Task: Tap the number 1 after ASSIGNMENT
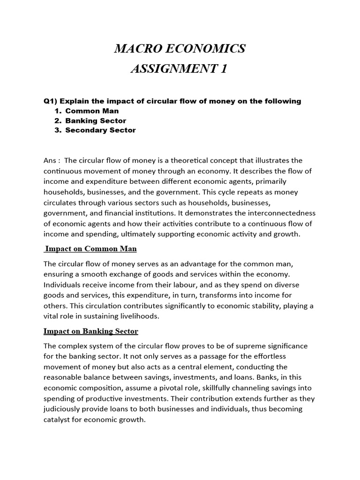(x=223, y=69)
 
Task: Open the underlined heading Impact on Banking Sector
(x=91, y=331)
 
